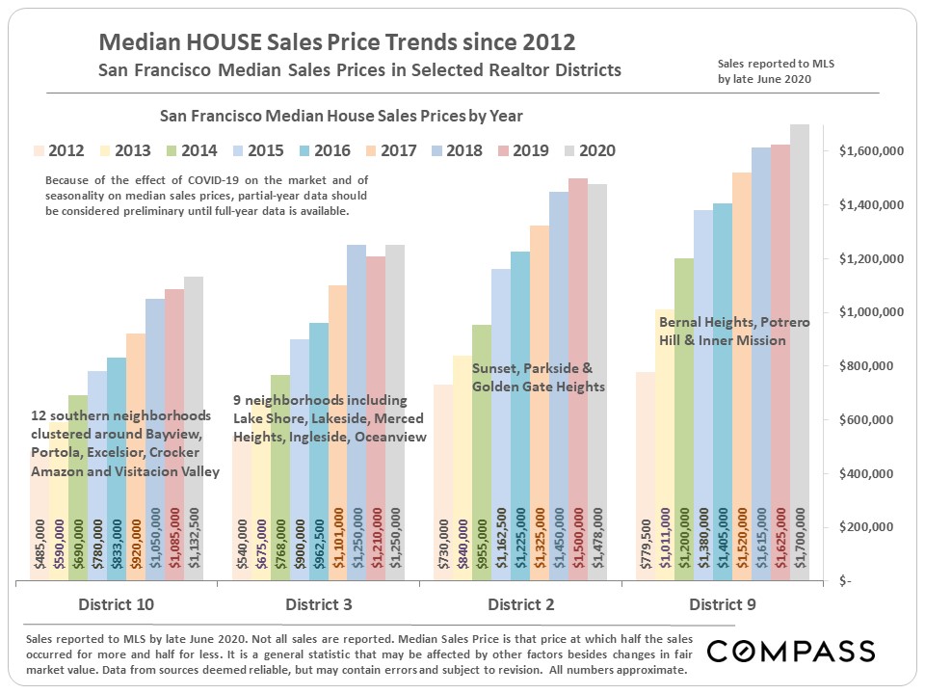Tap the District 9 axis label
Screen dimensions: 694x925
point(723,604)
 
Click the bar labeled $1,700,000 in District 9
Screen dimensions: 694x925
point(800,386)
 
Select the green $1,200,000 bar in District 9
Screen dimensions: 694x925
point(684,434)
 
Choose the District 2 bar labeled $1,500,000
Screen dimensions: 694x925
point(578,405)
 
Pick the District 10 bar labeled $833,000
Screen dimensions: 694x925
point(117,482)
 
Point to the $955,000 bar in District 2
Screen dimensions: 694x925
point(482,463)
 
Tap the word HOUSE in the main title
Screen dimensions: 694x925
point(202,43)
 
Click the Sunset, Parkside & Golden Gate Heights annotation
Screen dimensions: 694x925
point(539,377)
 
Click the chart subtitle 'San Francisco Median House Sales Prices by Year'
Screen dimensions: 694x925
point(341,116)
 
